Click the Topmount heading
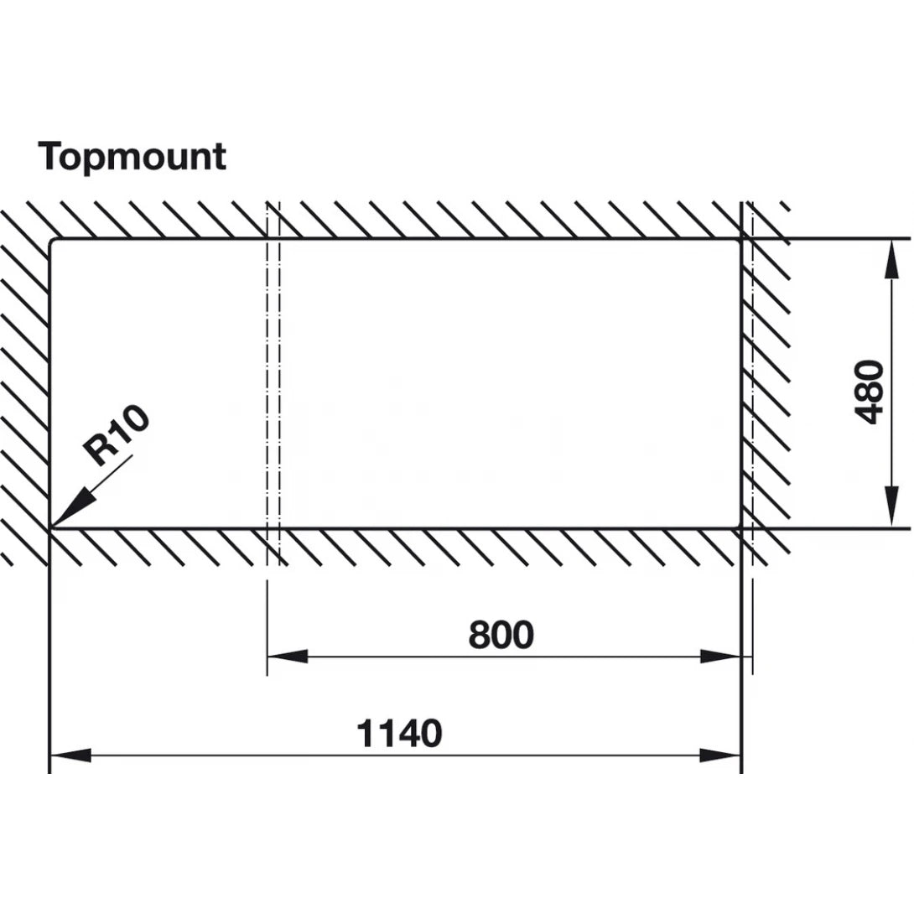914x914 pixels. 132,157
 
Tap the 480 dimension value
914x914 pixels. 871,392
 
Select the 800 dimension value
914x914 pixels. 501,635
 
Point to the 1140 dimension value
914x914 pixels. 399,734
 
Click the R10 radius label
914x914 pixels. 117,435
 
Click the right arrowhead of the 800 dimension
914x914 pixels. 720,657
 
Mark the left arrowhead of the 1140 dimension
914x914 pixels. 70,756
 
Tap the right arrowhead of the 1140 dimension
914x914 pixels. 720,756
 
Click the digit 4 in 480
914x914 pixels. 871,413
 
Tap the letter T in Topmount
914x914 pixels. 51,157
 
